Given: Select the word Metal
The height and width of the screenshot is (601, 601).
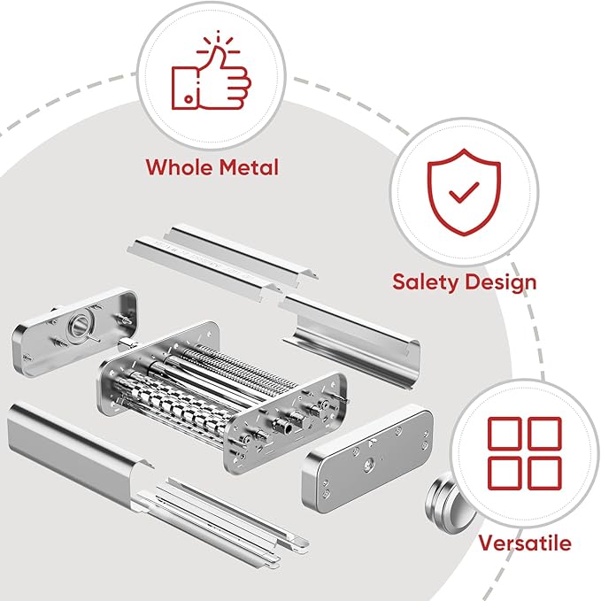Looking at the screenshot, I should click(x=248, y=166).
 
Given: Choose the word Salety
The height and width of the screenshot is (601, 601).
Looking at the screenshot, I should click(x=425, y=282).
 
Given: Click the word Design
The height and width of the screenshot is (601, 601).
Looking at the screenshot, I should click(x=502, y=282).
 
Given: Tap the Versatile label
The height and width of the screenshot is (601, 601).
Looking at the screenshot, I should click(x=525, y=543).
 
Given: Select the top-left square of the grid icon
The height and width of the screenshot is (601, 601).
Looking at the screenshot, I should click(x=505, y=433).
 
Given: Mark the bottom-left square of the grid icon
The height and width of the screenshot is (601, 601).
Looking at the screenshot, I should click(x=505, y=472).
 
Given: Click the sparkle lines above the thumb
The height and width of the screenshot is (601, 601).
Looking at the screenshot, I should click(x=212, y=42).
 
